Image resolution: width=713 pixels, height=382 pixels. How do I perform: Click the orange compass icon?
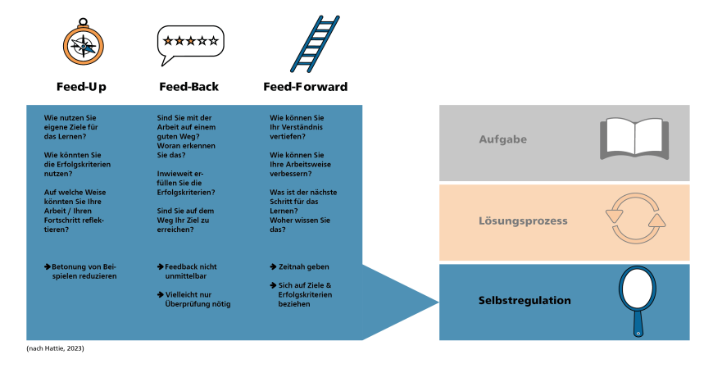click(x=84, y=46)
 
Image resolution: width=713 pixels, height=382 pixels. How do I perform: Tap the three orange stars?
click(x=179, y=41)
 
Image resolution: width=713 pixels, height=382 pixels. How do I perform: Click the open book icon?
click(x=634, y=139)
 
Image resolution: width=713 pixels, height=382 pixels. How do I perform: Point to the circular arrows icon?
click(x=635, y=218)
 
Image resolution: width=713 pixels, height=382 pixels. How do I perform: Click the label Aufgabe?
click(x=502, y=139)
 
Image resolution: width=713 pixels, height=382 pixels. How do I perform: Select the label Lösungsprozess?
click(x=523, y=221)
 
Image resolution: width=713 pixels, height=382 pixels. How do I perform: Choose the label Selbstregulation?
click(x=525, y=301)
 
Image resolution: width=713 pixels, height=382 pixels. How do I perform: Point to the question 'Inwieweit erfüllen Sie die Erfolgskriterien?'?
click(x=186, y=183)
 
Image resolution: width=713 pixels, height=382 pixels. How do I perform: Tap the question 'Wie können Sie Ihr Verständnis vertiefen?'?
click(x=297, y=127)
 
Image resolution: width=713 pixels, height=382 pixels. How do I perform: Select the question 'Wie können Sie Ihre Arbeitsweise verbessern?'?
click(x=297, y=164)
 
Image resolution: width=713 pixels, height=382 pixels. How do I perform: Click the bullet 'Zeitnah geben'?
click(x=300, y=267)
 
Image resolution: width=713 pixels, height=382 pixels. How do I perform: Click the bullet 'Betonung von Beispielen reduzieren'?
click(x=81, y=271)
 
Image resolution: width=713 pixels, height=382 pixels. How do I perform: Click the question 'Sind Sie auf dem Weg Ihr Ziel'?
click(x=184, y=220)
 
